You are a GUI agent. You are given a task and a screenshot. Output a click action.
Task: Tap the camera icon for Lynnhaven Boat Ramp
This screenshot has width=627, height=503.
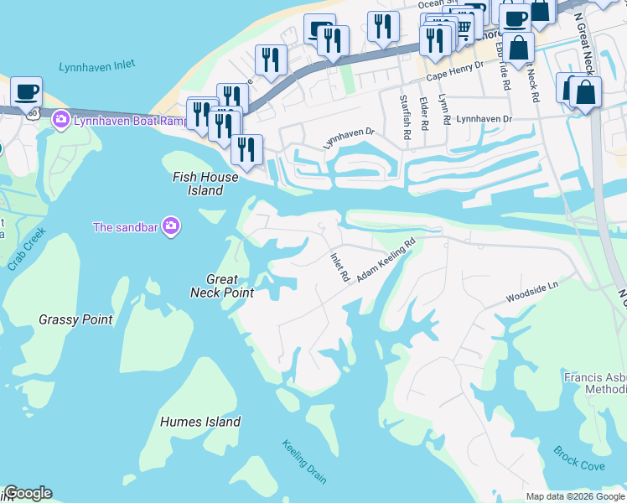pyautogui.click(x=60, y=121)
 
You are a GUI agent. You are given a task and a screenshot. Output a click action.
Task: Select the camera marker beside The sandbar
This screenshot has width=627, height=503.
pyautogui.click(x=171, y=226)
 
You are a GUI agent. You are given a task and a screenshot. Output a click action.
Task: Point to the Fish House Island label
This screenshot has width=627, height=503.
pyautogui.click(x=205, y=184)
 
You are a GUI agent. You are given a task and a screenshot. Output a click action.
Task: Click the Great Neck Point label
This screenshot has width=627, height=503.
pyautogui.click(x=222, y=286)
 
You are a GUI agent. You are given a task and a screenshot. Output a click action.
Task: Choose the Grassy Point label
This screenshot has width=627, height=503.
pyautogui.click(x=75, y=319)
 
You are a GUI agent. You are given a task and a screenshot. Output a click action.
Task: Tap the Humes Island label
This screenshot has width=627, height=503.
pyautogui.click(x=200, y=422)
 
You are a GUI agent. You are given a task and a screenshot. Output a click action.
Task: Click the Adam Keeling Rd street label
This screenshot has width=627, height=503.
pyautogui.click(x=386, y=261)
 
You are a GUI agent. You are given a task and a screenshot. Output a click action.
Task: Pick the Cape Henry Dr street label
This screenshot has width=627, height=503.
pyautogui.click(x=455, y=70)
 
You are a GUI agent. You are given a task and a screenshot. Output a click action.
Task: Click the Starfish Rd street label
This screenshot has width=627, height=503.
pyautogui.click(x=405, y=117)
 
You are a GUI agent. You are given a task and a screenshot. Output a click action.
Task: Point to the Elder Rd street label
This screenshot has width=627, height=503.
pyautogui.click(x=423, y=113)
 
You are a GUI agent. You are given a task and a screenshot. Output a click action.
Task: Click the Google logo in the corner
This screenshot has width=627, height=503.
pyautogui.click(x=27, y=493)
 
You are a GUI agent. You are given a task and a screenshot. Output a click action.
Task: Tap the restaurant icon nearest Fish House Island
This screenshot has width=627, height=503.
pyautogui.click(x=246, y=149)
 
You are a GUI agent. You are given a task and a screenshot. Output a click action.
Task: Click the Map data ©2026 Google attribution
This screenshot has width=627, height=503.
pyautogui.click(x=575, y=496)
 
